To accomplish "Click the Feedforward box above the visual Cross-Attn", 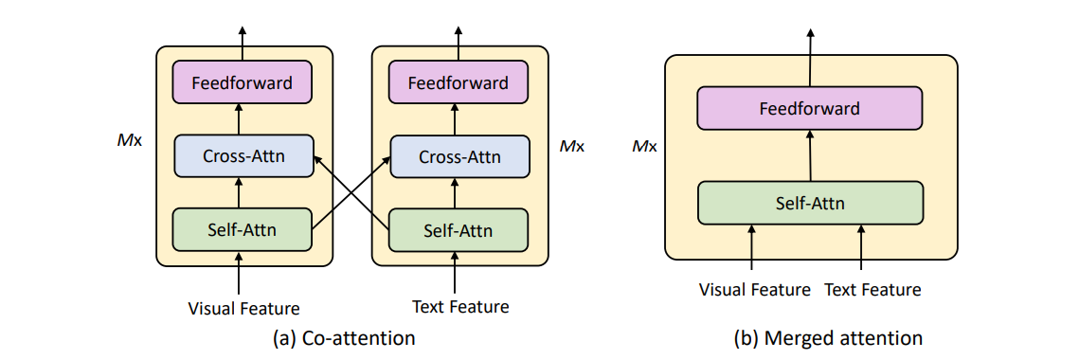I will pyautogui.click(x=242, y=83).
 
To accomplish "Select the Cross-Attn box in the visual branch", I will pyautogui.click(x=243, y=156).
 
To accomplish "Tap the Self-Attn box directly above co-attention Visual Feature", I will pyautogui.click(x=242, y=228).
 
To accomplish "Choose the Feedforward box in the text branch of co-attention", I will pyautogui.click(x=458, y=83).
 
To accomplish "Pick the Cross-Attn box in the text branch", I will pyautogui.click(x=459, y=156).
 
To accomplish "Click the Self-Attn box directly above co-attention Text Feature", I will pyautogui.click(x=458, y=228).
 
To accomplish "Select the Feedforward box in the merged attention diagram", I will pyautogui.click(x=809, y=108).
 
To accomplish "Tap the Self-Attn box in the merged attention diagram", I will pyautogui.click(x=809, y=203).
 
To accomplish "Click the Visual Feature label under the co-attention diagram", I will pyautogui.click(x=243, y=308).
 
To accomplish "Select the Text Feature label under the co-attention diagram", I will pyautogui.click(x=460, y=307).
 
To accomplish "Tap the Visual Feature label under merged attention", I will pyautogui.click(x=754, y=289).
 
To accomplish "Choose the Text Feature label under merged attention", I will pyautogui.click(x=872, y=289).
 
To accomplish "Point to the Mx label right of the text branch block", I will pyautogui.click(x=571, y=147).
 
